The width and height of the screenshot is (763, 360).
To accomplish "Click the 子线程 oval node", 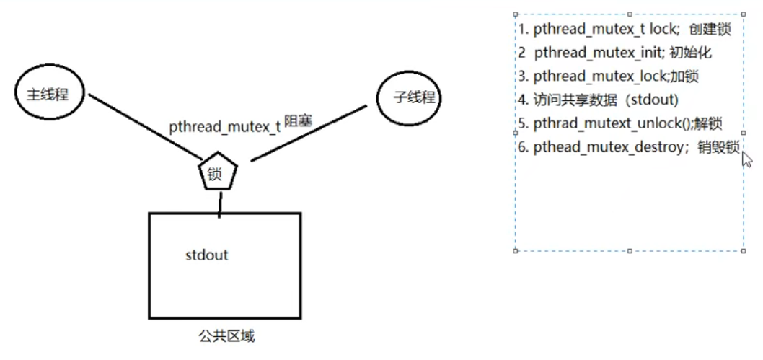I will point(409,97).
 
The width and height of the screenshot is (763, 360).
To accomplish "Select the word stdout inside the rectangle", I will point(207,255).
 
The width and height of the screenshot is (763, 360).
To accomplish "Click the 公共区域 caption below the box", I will point(225,336).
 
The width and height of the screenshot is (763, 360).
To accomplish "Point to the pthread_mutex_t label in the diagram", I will point(224,127).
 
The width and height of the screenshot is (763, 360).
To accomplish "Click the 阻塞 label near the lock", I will point(298,120).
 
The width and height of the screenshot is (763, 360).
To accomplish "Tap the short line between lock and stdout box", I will point(219,203).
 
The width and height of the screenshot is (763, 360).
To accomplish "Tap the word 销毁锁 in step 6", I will point(718,146).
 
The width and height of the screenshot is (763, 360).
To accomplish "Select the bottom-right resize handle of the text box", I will point(744,250).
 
